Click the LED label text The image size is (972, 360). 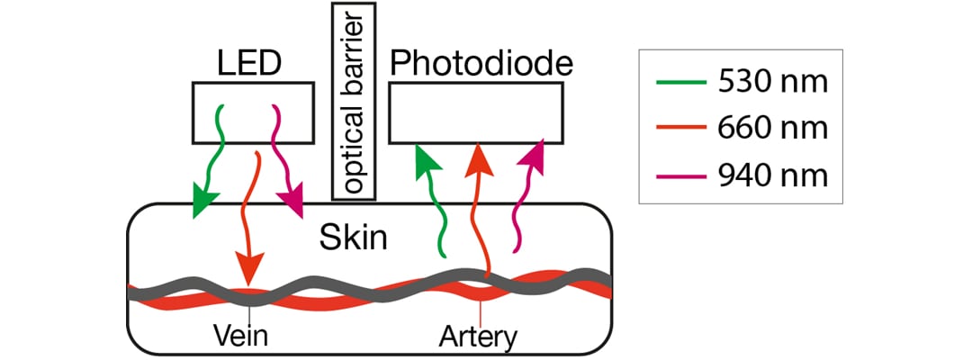click(x=249, y=63)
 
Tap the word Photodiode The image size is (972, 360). click(x=481, y=65)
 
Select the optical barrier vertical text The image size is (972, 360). click(x=355, y=101)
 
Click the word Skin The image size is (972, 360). click(x=354, y=237)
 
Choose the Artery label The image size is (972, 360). click(x=477, y=338)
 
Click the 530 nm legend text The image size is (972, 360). click(x=772, y=82)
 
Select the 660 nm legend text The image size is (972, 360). click(x=772, y=129)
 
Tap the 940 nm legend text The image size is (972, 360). click(x=772, y=176)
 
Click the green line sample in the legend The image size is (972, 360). click(x=680, y=82)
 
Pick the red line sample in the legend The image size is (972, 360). click(x=680, y=129)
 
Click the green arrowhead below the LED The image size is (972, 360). click(x=204, y=200)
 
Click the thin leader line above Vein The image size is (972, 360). click(x=249, y=313)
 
